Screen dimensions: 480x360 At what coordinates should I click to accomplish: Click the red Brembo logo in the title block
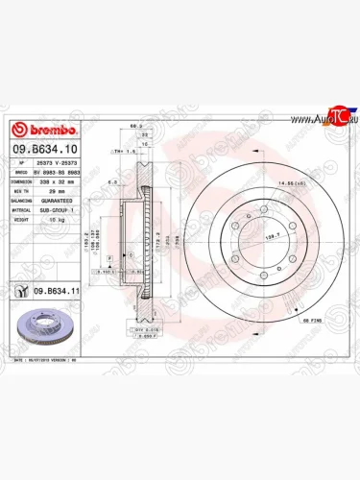pyautogui.click(x=40, y=131)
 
